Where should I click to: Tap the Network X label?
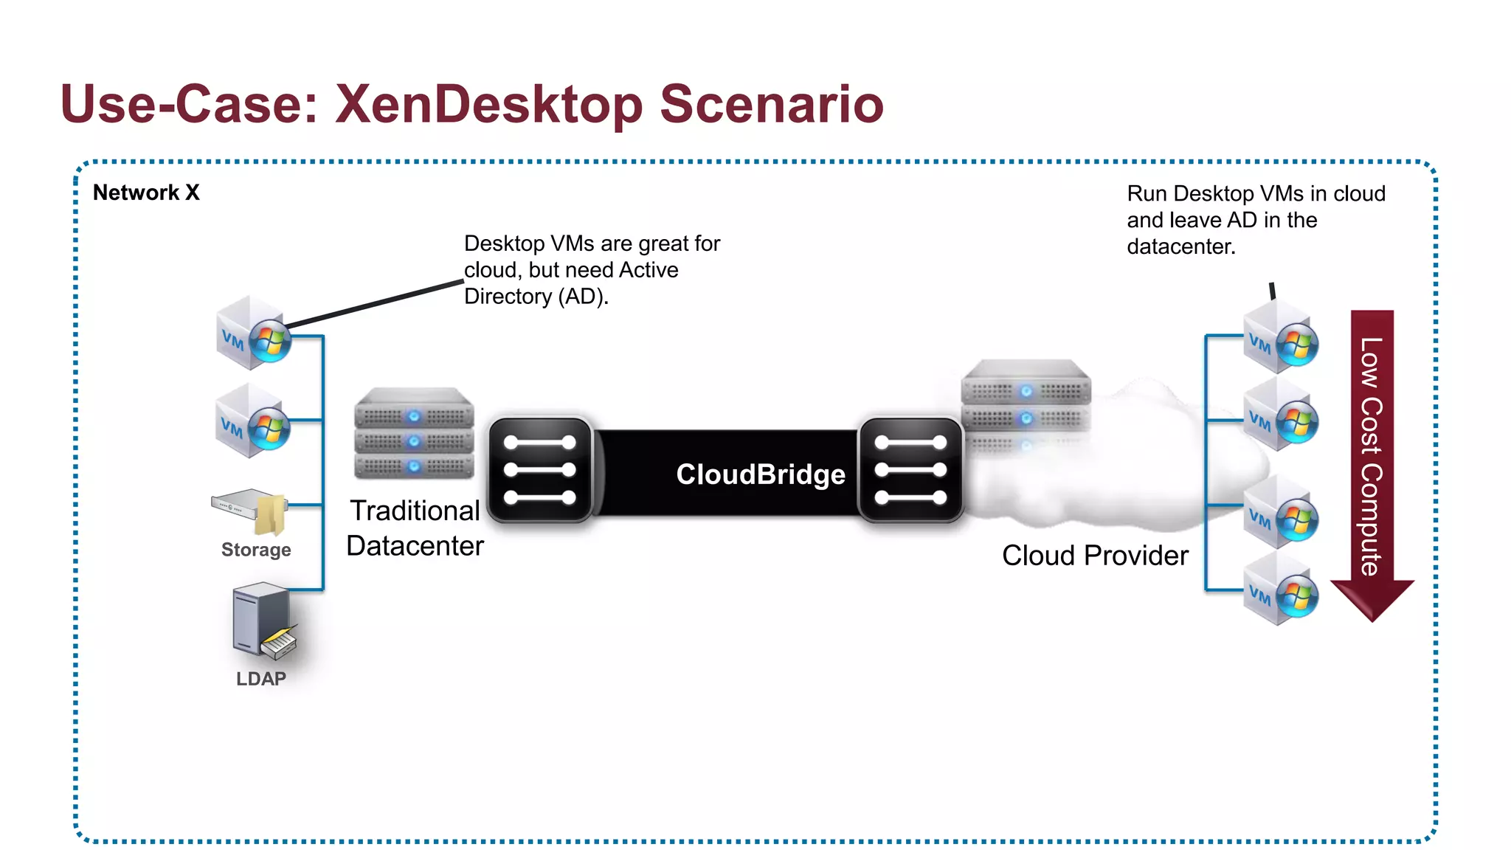pyautogui.click(x=146, y=193)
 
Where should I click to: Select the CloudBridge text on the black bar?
pyautogui.click(x=760, y=474)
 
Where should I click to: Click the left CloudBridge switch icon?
pyautogui.click(x=540, y=470)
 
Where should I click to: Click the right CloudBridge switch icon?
pyautogui.click(x=910, y=470)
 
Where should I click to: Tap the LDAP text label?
pyautogui.click(x=260, y=679)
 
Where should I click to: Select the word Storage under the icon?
pyautogui.click(x=256, y=550)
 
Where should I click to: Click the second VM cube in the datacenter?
pyautogui.click(x=252, y=421)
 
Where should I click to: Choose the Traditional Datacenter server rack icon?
pyautogui.click(x=413, y=434)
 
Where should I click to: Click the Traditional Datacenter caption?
pyautogui.click(x=415, y=528)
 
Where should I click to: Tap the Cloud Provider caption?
pyautogui.click(x=1095, y=556)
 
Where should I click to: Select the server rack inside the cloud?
pyautogui.click(x=1026, y=402)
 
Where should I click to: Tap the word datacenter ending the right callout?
pyautogui.click(x=1180, y=247)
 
